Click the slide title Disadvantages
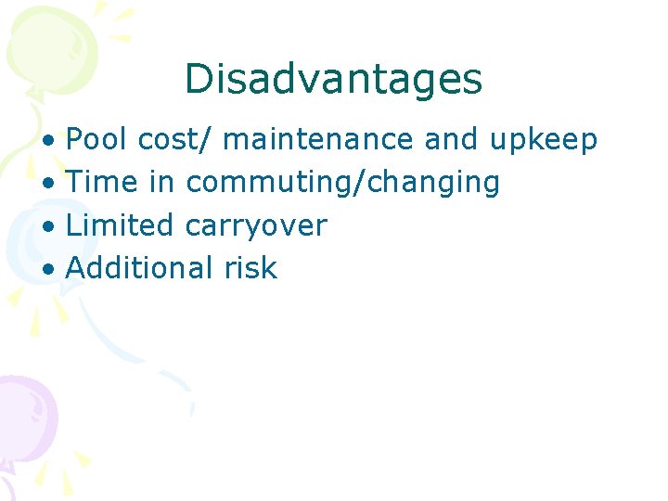click(x=333, y=79)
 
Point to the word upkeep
click(x=543, y=141)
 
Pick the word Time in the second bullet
click(x=102, y=182)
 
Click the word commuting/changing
click(x=343, y=183)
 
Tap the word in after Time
click(x=161, y=182)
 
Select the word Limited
click(x=121, y=225)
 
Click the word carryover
click(x=257, y=225)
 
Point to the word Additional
click(x=141, y=267)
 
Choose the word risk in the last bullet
click(x=250, y=267)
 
